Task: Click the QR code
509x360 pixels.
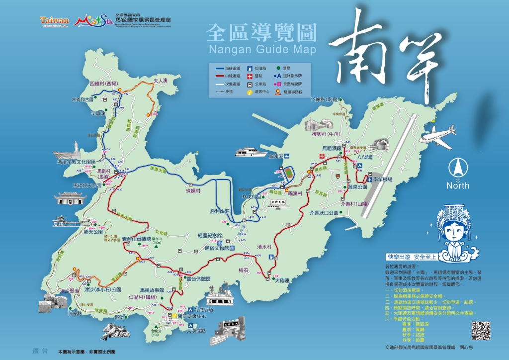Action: tap(481, 331)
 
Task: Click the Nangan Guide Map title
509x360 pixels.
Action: tap(262, 49)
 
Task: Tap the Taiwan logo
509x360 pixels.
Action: tap(55, 21)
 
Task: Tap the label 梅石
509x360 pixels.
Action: tap(243, 270)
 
